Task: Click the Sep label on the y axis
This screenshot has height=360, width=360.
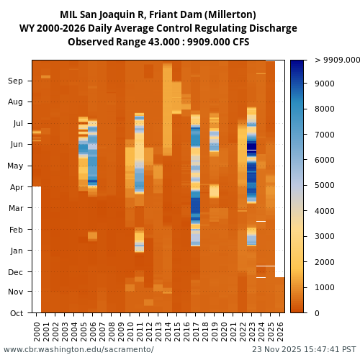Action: click(15, 81)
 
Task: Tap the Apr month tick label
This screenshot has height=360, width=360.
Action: click(15, 187)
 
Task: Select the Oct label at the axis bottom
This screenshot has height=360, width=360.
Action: click(15, 313)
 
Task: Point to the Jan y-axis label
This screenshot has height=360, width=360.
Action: click(15, 251)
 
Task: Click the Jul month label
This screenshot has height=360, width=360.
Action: click(17, 124)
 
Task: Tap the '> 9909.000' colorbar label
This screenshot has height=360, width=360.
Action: click(336, 60)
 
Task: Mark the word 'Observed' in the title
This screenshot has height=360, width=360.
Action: click(90, 42)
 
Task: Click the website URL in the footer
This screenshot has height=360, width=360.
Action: click(78, 349)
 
